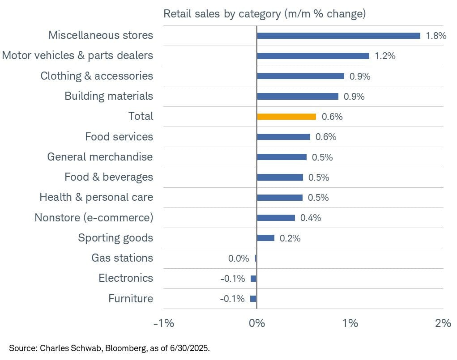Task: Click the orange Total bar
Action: (286, 117)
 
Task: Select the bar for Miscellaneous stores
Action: (338, 36)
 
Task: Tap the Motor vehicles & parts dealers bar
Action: (313, 56)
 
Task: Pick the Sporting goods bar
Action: (265, 238)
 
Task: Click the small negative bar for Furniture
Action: (253, 299)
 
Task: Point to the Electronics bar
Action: (253, 279)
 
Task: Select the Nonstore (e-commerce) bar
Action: (276, 218)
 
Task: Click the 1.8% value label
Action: (436, 36)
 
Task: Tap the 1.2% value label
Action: (385, 56)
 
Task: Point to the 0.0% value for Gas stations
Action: (238, 258)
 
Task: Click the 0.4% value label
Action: (311, 218)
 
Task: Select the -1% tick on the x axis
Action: (164, 322)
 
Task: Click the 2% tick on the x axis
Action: (443, 322)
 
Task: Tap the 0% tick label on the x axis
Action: (256, 322)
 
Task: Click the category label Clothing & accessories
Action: (97, 76)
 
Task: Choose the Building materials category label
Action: (109, 96)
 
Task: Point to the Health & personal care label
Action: (96, 197)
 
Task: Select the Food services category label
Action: (119, 137)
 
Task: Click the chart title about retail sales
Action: (265, 14)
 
